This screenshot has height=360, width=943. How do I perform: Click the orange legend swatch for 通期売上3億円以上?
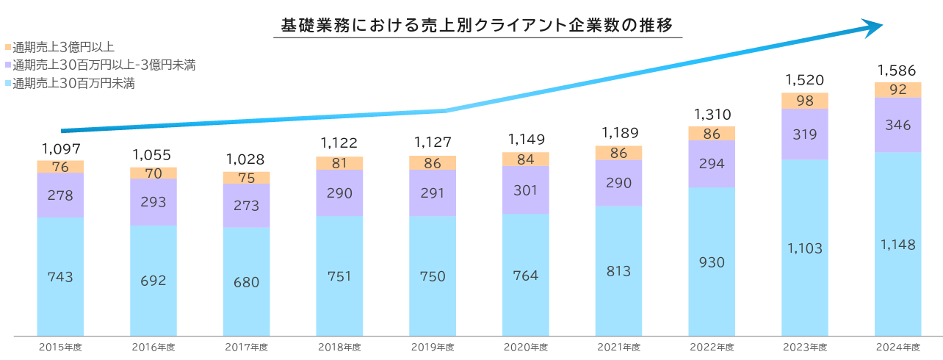[x=7, y=47]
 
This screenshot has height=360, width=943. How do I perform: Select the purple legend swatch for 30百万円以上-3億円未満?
[x=7, y=65]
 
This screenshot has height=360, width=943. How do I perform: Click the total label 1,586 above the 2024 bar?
[x=897, y=71]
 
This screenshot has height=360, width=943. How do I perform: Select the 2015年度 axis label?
[x=60, y=347]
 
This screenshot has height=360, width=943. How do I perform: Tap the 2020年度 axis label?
[x=525, y=347]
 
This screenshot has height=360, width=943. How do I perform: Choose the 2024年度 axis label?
[x=897, y=347]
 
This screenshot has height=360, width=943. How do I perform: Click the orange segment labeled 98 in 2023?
[x=804, y=101]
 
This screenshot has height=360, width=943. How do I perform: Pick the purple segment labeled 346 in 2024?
[x=897, y=125]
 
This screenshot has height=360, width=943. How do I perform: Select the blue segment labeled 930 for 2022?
[x=712, y=262]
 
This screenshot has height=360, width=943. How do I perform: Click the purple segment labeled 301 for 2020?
[x=525, y=190]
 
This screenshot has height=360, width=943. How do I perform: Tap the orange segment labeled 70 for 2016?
[x=153, y=173]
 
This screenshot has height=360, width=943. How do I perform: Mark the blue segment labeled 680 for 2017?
[x=246, y=281]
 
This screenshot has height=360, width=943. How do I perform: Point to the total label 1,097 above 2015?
[x=60, y=148]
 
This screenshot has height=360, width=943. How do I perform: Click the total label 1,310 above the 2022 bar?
[x=712, y=115]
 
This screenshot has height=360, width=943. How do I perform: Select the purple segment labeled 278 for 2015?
[x=60, y=195]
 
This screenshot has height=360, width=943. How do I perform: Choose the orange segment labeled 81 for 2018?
[x=339, y=163]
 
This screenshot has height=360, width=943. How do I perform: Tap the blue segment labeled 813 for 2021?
[x=618, y=271]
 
